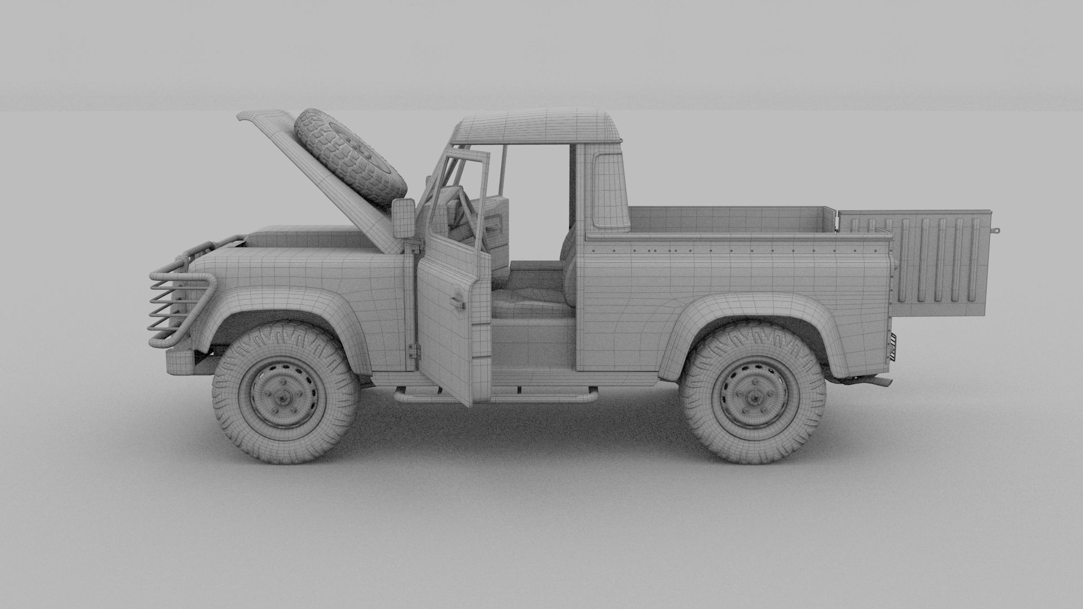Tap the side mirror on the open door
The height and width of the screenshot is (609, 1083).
tap(404, 218)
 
